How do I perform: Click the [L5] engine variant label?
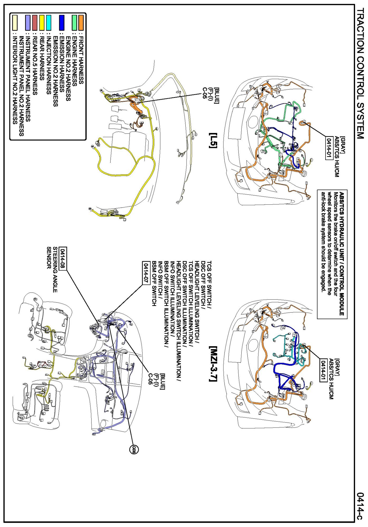coord(213,140)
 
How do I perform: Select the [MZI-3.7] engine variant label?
coord(213,364)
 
